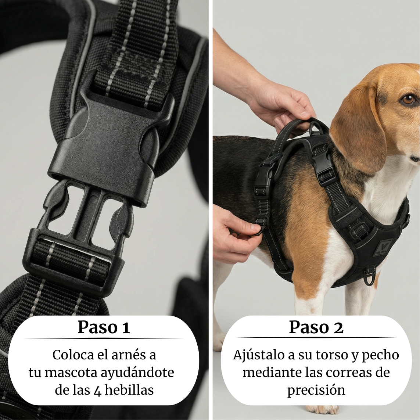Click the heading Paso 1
[104, 327]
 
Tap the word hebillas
[129, 390]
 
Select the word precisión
[316, 390]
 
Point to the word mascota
[71, 373]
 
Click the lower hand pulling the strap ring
[231, 235]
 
